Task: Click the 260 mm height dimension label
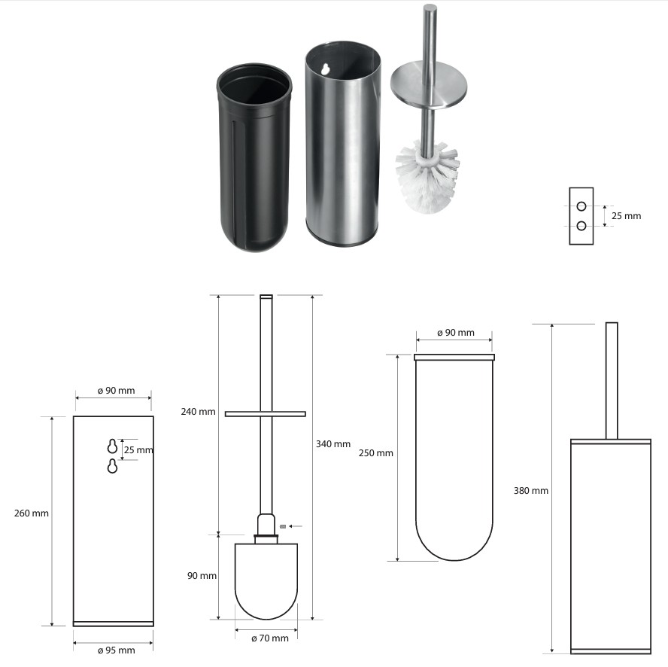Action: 31,513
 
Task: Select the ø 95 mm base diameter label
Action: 117,650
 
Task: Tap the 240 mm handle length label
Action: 198,412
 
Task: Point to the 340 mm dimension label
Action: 333,444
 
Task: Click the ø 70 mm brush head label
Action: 270,638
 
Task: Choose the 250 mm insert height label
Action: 376,453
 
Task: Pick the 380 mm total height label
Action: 531,490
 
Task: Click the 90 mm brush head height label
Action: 202,576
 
